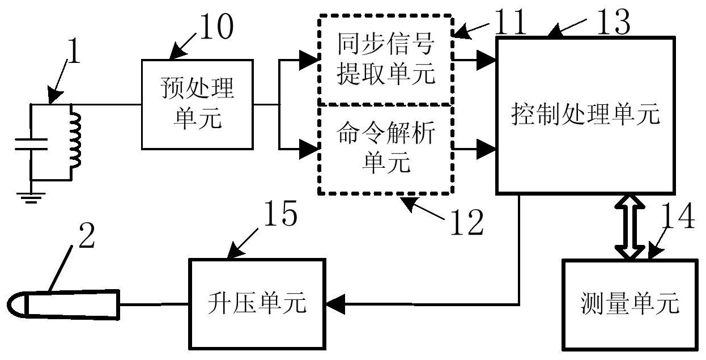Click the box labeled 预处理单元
[196, 104]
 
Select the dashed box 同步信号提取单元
[385, 59]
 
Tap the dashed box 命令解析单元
[385, 149]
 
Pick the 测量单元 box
[629, 304]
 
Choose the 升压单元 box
[257, 303]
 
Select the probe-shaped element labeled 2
[65, 303]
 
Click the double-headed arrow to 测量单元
[630, 227]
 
